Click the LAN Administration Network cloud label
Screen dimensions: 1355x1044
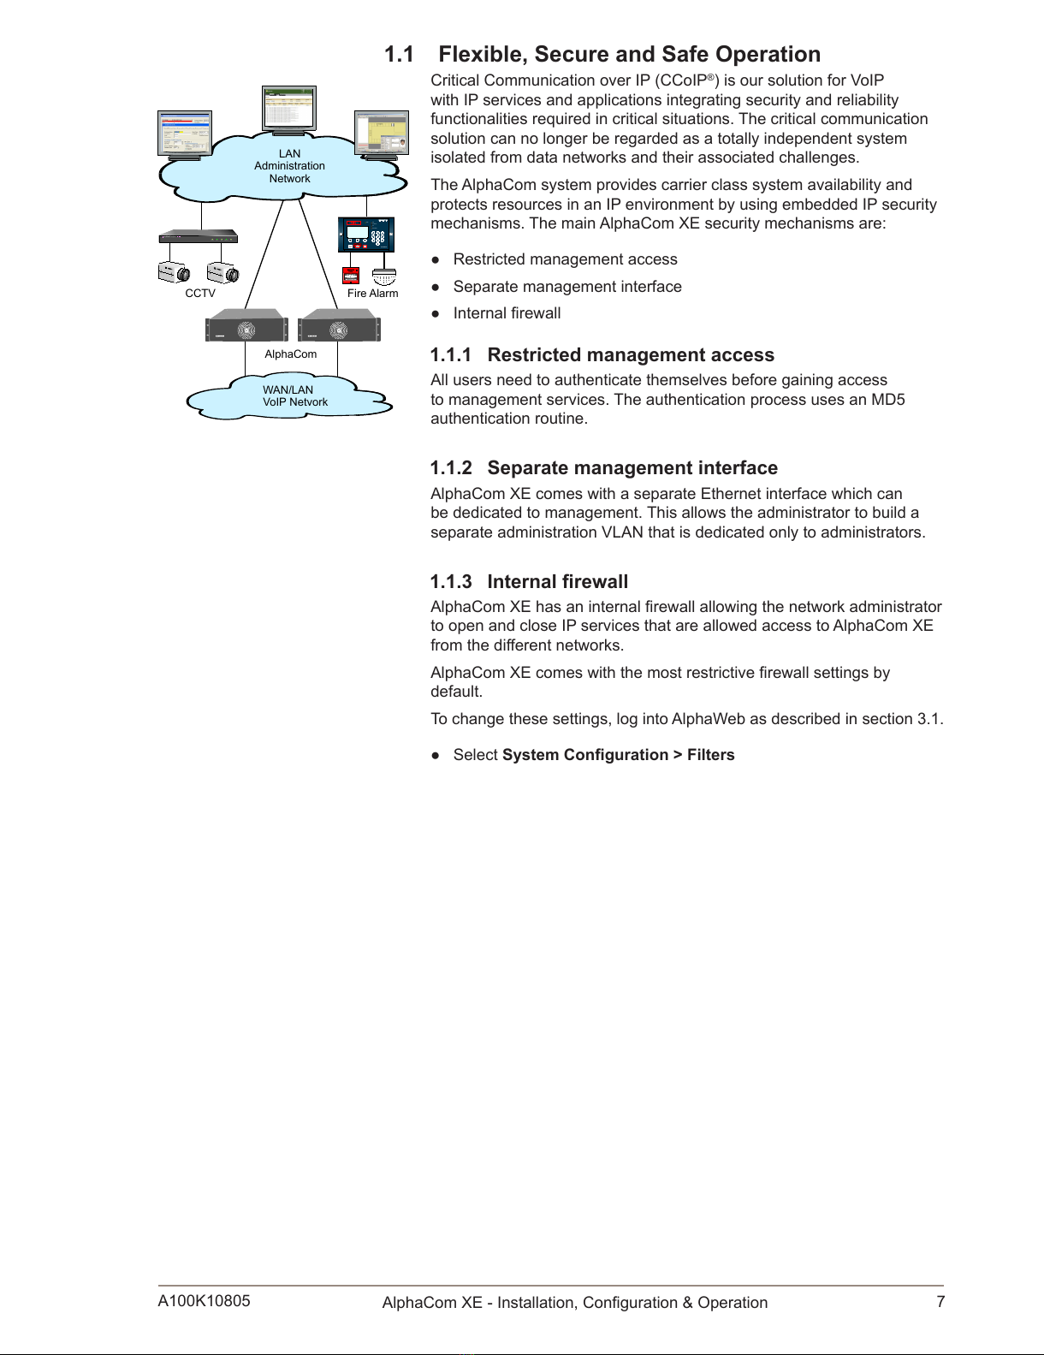289,166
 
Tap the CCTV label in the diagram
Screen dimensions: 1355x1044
200,293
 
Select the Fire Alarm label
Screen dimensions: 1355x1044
372,293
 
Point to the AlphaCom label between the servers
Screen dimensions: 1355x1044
290,354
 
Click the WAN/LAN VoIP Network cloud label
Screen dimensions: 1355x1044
294,395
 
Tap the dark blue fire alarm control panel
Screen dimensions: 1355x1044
366,234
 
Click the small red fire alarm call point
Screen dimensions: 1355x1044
350,275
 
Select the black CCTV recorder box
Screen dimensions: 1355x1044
198,236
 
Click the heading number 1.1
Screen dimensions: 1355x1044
399,55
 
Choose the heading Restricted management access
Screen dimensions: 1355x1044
631,355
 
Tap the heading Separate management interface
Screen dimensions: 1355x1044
632,468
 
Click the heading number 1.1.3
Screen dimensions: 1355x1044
451,582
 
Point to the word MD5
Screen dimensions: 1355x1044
887,400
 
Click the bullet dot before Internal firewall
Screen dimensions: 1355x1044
436,313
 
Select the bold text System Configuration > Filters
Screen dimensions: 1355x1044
618,755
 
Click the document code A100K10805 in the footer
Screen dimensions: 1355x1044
204,1301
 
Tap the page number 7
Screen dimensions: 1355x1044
940,1302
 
